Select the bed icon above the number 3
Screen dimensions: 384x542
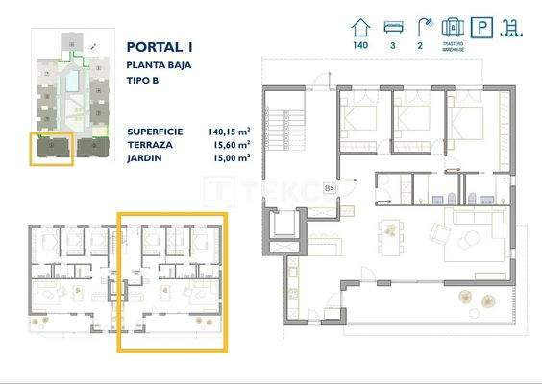pyautogui.click(x=392, y=26)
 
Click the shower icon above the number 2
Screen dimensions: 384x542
pyautogui.click(x=422, y=26)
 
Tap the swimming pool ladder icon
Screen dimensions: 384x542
pyautogui.click(x=516, y=26)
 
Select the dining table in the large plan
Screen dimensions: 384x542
pyautogui.click(x=389, y=231)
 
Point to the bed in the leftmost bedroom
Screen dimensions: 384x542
pyautogui.click(x=357, y=121)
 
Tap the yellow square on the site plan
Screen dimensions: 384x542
pyautogui.click(x=52, y=148)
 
